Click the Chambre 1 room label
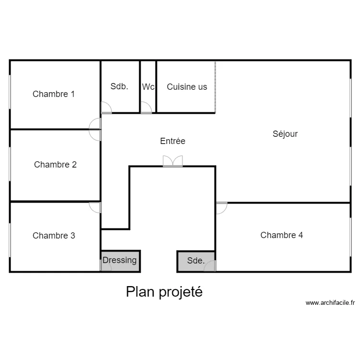53,94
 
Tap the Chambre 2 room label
55,165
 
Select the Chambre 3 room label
53,236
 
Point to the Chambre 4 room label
281,235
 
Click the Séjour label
285,134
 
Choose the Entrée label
172,141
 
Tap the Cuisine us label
187,87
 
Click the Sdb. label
119,86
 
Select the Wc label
148,87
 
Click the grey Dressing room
120,261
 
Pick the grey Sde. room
195,261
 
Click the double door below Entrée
172,161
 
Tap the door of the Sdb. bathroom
106,108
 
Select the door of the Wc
146,109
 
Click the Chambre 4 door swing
221,207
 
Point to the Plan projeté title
164,292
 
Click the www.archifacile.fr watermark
330,303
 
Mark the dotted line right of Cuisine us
215,86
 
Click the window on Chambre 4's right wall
350,235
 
